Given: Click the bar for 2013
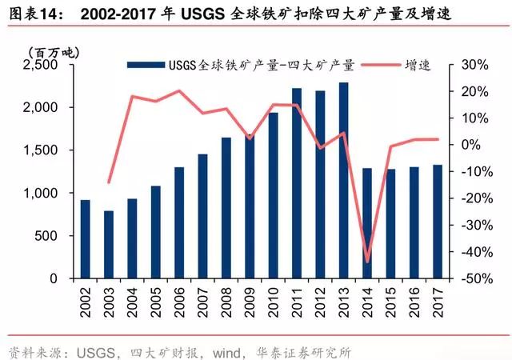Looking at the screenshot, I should pos(343,181).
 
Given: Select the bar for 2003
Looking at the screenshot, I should pos(109,245).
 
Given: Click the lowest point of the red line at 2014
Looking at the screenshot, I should pos(367,262).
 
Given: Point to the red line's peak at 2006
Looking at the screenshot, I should pos(179,90).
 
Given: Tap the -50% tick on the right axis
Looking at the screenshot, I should pos(471,279).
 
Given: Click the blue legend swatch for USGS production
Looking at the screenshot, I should pos(142,65).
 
